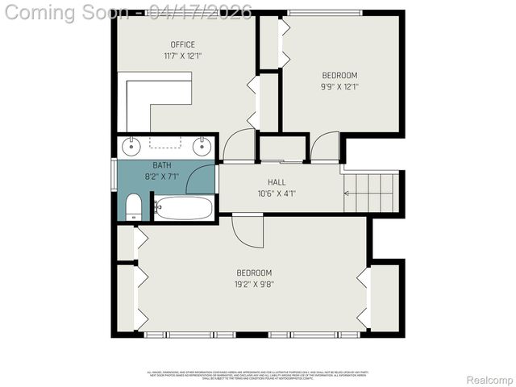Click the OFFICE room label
[182, 44]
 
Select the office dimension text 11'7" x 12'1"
[182, 56]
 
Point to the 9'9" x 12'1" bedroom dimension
[339, 86]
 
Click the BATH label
[162, 165]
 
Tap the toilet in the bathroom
[134, 206]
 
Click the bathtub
[183, 208]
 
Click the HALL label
[277, 182]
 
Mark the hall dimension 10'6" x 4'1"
[277, 193]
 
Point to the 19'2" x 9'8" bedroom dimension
[253, 284]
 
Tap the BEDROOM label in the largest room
[253, 273]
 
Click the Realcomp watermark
[489, 380]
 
